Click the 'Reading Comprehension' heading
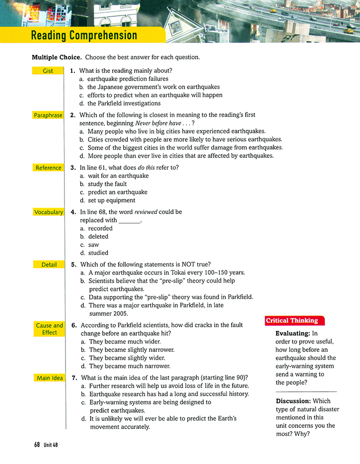pyautogui.click(x=84, y=36)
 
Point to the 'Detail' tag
pyautogui.click(x=49, y=265)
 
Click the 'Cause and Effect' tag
pyautogui.click(x=49, y=329)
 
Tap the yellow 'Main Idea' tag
pyautogui.click(x=49, y=377)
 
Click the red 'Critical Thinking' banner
pyautogui.click(x=292, y=320)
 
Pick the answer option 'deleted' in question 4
pyautogui.click(x=98, y=236)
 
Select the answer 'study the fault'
pyautogui.click(x=108, y=184)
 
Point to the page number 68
pyautogui.click(x=37, y=445)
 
